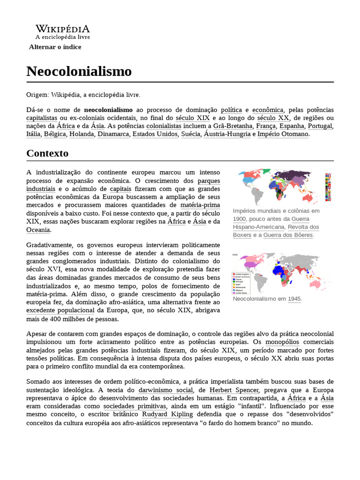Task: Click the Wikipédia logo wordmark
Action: tap(63, 29)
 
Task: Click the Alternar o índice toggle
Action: tap(55, 47)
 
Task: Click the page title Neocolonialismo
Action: tap(79, 71)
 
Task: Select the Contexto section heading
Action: tap(47, 153)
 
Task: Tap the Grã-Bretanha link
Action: tap(233, 126)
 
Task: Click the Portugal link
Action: tap(320, 126)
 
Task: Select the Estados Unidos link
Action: tap(155, 134)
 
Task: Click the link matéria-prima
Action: tap(200, 205)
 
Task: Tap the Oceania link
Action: tap(38, 230)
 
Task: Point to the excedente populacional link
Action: tap(60, 310)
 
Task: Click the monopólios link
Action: tap(283, 342)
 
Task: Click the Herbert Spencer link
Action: tap(234, 390)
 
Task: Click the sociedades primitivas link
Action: tap(135, 406)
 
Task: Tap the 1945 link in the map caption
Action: tap(294, 299)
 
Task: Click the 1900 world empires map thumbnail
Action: tap(282, 186)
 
